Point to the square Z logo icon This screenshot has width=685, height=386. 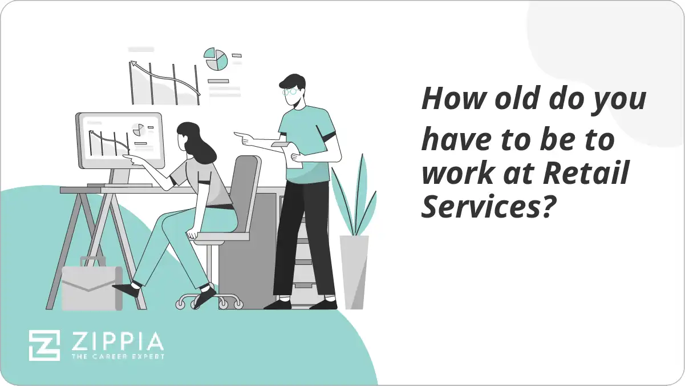pos(44,345)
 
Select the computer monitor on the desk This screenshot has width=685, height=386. pos(120,140)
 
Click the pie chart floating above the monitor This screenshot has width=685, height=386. pos(216,59)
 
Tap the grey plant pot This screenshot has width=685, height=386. pos(354,271)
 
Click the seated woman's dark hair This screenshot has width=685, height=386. pos(196,143)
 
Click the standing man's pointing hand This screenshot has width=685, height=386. pos(242,137)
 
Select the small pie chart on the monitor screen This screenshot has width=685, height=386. pos(137,130)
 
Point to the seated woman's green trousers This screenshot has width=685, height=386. pos(171,240)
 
